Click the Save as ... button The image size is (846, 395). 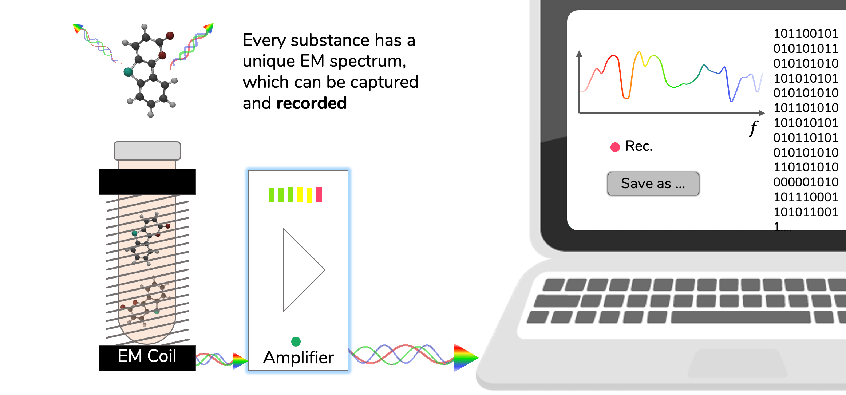[x=653, y=184]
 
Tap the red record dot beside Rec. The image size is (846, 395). [x=615, y=147]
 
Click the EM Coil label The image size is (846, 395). [x=147, y=356]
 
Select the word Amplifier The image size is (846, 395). [x=298, y=358]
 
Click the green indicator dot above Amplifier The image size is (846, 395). [x=296, y=341]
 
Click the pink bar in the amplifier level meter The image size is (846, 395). [x=319, y=195]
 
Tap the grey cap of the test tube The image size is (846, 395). [x=147, y=151]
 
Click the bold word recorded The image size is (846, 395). [x=312, y=103]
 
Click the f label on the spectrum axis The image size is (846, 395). [x=753, y=128]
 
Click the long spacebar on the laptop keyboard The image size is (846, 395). [x=741, y=317]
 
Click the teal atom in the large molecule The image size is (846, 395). [x=128, y=72]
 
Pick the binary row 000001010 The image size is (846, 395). [x=806, y=182]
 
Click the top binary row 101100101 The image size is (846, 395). [x=806, y=33]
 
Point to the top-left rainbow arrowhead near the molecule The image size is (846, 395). [x=78, y=28]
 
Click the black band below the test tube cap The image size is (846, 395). [x=147, y=181]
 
